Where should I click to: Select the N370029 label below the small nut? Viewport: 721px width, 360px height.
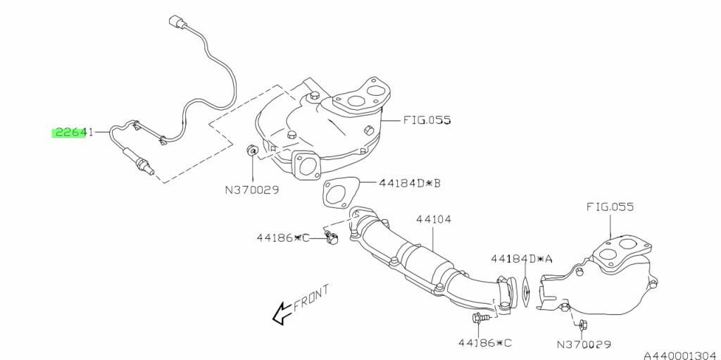click(252, 190)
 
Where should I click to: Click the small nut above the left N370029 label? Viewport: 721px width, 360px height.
click(251, 150)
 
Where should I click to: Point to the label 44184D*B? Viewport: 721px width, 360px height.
click(410, 183)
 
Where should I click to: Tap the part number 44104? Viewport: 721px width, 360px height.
click(433, 219)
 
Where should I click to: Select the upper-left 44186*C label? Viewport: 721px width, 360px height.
click(283, 238)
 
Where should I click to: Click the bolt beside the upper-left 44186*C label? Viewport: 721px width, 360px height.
click(331, 237)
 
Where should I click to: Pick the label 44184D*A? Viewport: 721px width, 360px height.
click(521, 259)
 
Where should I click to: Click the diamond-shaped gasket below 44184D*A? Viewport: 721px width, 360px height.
click(525, 292)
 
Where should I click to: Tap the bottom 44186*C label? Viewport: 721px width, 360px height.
click(484, 342)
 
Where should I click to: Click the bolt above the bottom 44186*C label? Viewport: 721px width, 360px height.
click(478, 317)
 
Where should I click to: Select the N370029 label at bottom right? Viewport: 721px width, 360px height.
click(584, 345)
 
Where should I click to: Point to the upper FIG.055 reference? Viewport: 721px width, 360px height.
click(427, 120)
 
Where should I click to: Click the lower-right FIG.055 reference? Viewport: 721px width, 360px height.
click(610, 206)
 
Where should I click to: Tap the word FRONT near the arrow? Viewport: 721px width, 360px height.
click(311, 298)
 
